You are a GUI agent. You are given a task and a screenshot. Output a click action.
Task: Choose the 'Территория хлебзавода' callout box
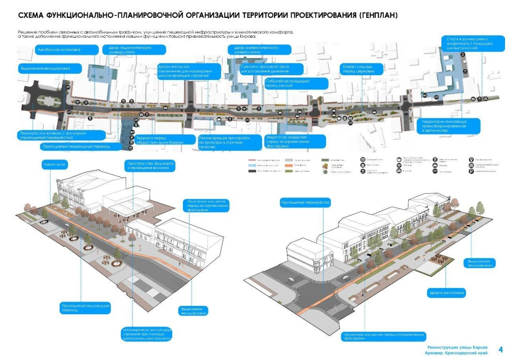[x=450, y=125]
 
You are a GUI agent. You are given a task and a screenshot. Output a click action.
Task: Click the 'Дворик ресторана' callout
[x=446, y=293]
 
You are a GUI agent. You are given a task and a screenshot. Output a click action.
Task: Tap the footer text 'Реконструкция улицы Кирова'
[x=457, y=347]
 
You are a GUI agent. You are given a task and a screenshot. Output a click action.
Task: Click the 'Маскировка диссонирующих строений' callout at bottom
[x=147, y=334]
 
